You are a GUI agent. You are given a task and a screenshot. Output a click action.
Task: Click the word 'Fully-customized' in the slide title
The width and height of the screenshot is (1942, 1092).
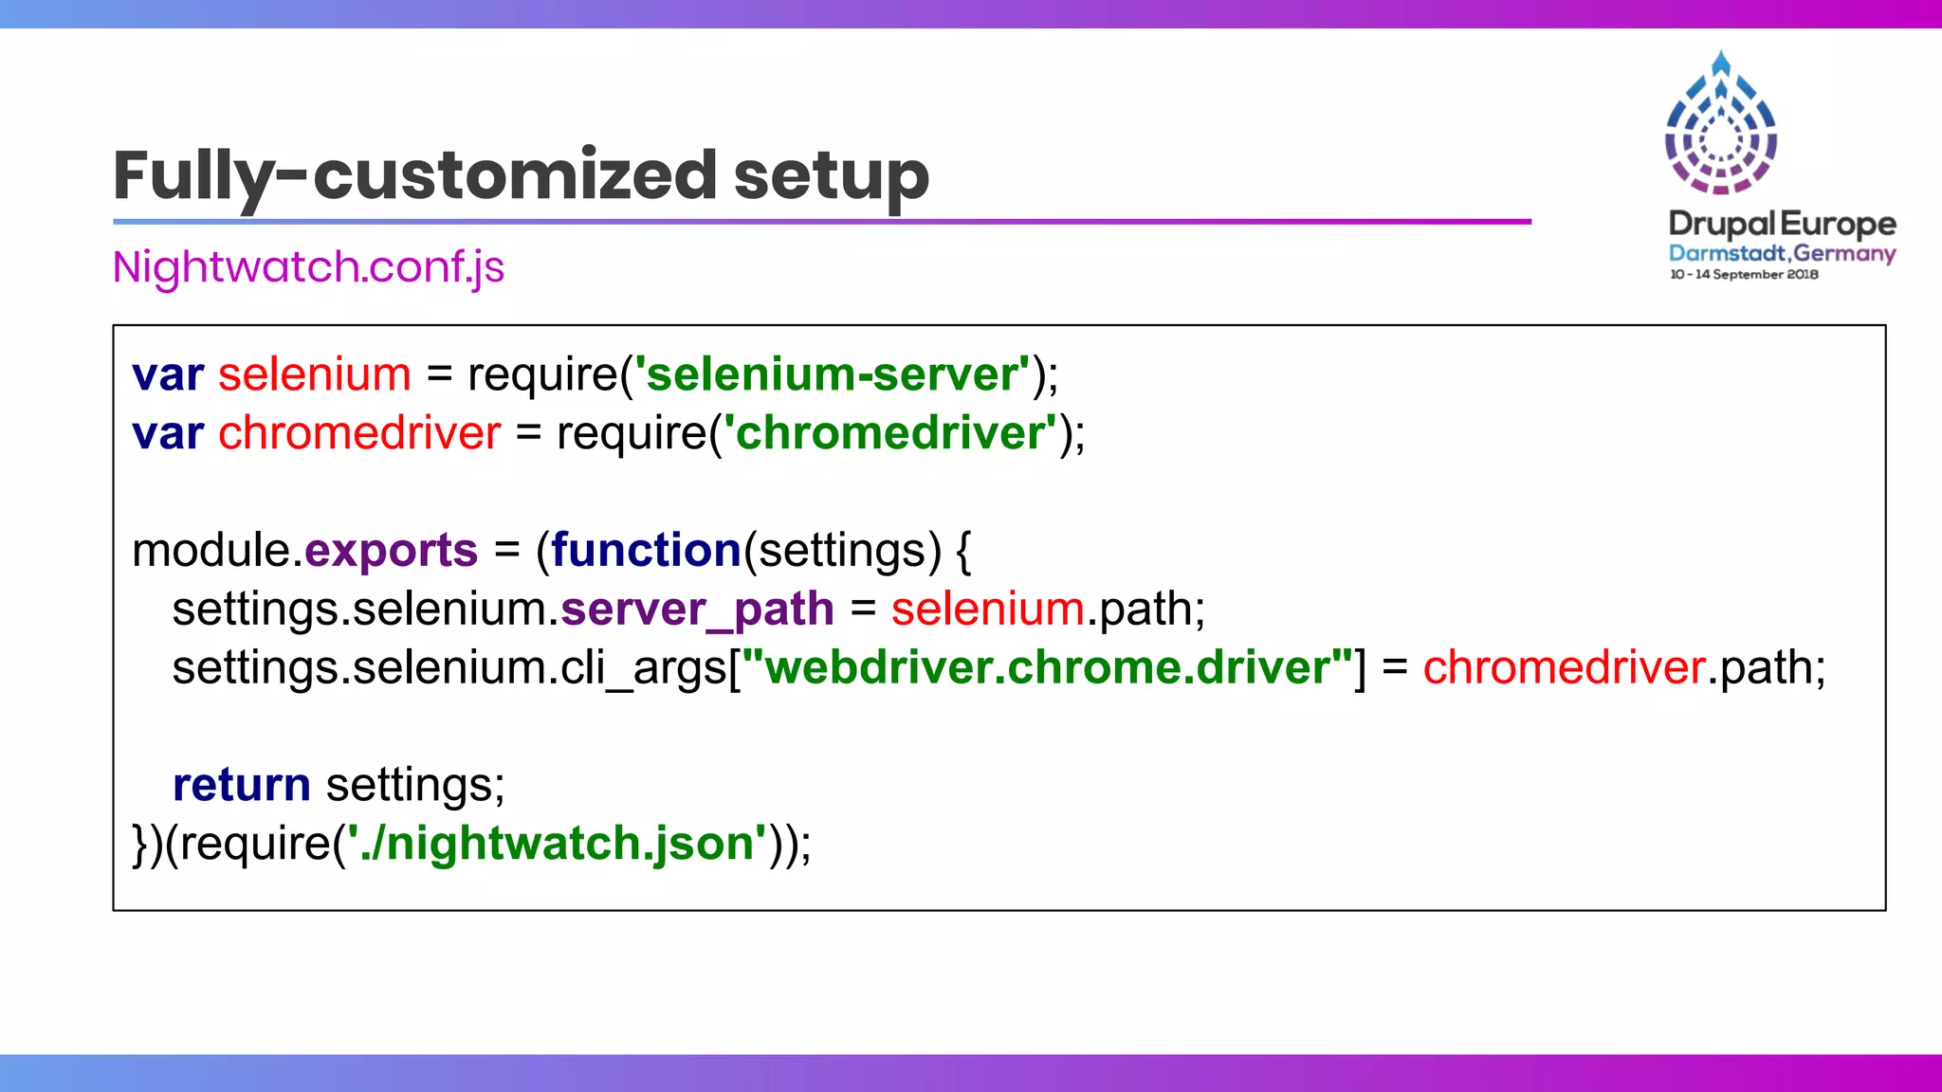[x=413, y=176]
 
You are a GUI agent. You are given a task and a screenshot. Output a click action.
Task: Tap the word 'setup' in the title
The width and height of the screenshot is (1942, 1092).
[x=831, y=176]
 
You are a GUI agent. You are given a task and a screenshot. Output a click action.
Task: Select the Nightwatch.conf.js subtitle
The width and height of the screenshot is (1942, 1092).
[x=308, y=267]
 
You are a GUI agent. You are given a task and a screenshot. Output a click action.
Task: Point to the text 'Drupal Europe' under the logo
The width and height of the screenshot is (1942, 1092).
[x=1782, y=224]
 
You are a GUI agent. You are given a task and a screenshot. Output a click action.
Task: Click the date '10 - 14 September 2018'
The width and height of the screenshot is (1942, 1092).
[x=1744, y=275]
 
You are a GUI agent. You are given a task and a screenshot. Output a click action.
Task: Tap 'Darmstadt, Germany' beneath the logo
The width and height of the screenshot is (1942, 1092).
[x=1782, y=253]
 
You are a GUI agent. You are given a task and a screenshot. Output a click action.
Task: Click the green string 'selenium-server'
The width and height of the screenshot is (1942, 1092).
[x=832, y=374]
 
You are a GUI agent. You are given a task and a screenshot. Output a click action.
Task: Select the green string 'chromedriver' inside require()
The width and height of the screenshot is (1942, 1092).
[x=889, y=433]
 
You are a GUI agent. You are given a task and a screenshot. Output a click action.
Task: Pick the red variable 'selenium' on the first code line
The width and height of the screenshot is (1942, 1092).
[x=315, y=374]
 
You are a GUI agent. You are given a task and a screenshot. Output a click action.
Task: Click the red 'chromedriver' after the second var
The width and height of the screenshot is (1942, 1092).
[x=359, y=433]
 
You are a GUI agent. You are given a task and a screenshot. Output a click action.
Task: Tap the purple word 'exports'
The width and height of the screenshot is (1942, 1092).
[x=391, y=551]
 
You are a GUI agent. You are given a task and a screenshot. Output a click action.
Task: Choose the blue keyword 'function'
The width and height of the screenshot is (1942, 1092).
[x=646, y=551]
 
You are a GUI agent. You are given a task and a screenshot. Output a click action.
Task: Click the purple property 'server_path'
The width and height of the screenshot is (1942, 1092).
[x=697, y=610]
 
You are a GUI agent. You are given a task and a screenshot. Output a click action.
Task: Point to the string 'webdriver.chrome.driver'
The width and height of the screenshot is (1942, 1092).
[x=1047, y=667]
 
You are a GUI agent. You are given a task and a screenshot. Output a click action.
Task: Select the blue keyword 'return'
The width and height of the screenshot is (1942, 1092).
[x=241, y=785]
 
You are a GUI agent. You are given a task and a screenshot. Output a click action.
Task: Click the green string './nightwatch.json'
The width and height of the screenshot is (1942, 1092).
[x=558, y=844]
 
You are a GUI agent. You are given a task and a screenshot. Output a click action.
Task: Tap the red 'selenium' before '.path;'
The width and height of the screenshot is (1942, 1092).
[x=987, y=610]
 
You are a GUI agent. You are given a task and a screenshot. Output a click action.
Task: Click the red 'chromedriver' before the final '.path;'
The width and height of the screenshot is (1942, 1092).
[x=1564, y=667]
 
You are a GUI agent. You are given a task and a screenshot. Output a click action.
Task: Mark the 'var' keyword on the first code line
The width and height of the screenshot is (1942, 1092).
[x=168, y=375]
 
